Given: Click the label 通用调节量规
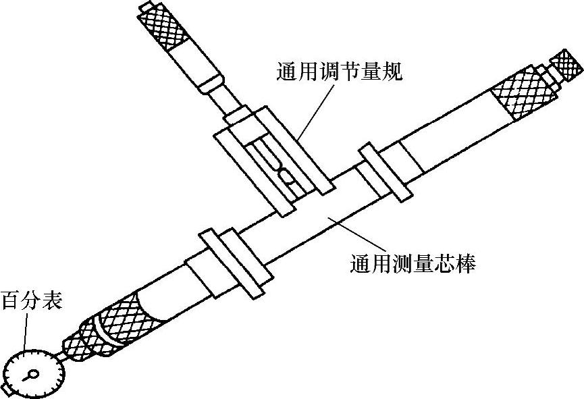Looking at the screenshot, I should point(339,71).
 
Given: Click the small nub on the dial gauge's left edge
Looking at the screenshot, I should point(5,390).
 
